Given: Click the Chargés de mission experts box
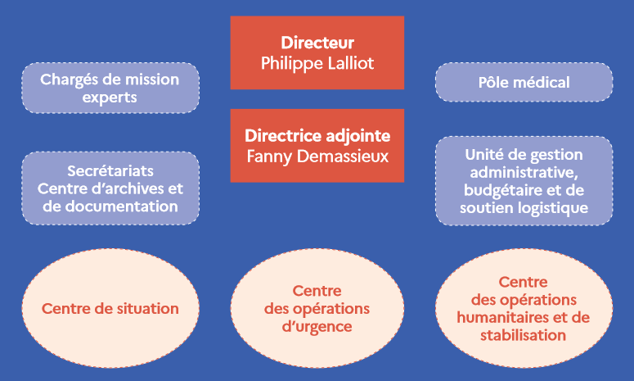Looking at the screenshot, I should (110, 88).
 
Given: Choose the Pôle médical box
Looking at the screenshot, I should (524, 82).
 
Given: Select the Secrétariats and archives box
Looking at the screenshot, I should (110, 188).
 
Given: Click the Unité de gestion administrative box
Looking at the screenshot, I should (524, 180).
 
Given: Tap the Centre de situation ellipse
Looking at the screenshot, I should (110, 309).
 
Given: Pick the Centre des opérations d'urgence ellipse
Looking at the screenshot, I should (317, 309).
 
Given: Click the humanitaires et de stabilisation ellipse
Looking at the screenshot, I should (524, 309).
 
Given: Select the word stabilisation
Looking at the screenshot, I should (524, 336).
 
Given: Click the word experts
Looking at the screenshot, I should (110, 98).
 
